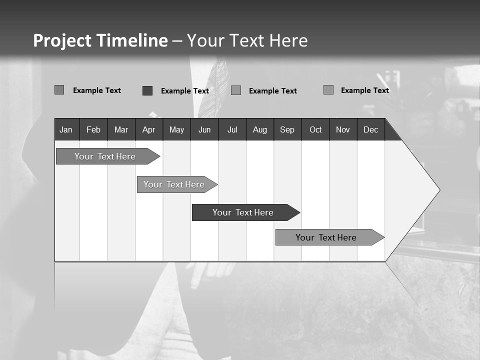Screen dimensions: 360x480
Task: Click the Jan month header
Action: (66, 129)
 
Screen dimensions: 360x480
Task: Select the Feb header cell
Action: (93, 129)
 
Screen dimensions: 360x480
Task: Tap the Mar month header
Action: (121, 129)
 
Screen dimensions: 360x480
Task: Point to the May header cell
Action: (176, 129)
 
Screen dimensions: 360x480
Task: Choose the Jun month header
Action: (204, 129)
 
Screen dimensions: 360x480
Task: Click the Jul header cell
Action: (232, 129)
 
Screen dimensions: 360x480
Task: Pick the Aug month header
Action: (260, 129)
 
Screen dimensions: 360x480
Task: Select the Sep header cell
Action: (287, 129)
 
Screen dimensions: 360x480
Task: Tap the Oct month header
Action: (315, 129)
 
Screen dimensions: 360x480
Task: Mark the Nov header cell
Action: (343, 129)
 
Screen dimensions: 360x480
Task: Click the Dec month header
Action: (371, 129)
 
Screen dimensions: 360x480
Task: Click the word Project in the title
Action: (62, 40)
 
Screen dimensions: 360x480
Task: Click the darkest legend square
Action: (147, 90)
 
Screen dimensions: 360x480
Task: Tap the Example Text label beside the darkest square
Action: (185, 91)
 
